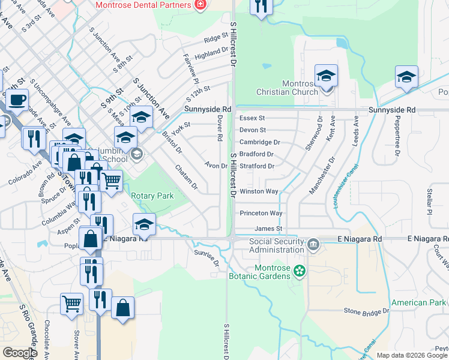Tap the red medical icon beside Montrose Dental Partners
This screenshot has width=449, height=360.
point(200,5)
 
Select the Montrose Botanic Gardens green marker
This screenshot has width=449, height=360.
point(300,272)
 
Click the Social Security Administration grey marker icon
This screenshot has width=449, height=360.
point(313,245)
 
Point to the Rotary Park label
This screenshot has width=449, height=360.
point(152,196)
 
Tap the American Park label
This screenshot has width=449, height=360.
point(418,303)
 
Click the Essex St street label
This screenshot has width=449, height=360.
point(252,118)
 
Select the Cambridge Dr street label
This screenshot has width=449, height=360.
point(260,142)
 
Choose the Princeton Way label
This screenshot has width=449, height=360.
point(261,213)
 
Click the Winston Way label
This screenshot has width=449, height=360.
point(259,191)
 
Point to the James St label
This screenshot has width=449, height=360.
point(268,229)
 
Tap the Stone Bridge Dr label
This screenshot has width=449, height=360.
point(367,311)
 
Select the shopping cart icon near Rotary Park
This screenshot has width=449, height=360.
point(111,179)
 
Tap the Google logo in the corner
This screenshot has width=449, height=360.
point(20,352)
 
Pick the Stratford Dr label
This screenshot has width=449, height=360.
point(257,166)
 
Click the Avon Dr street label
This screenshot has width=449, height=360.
point(215,165)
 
